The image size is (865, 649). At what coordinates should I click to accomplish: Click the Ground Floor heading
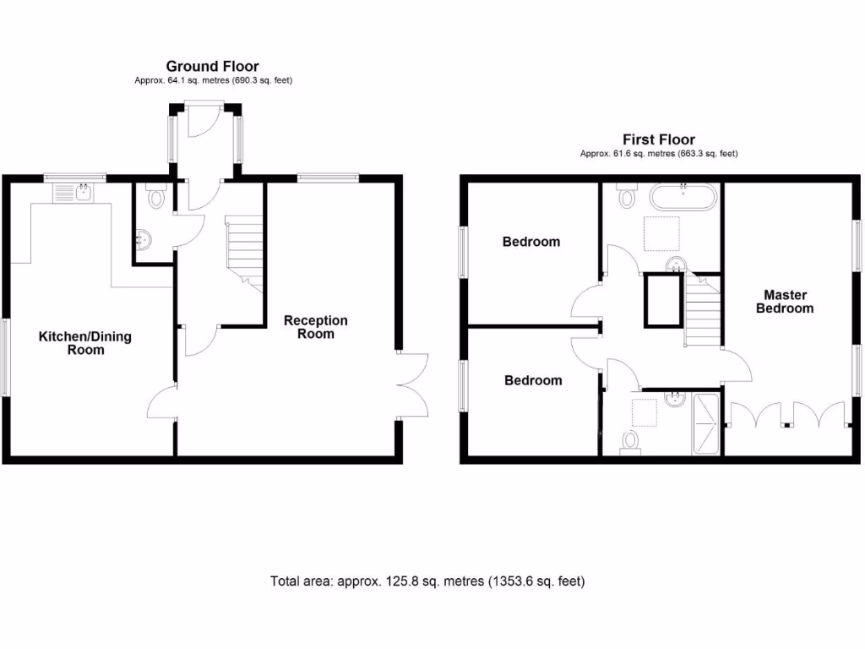pyautogui.click(x=212, y=66)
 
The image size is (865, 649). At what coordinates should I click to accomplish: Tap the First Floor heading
pyautogui.click(x=659, y=139)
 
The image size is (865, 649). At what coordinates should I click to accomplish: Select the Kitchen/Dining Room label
pyautogui.click(x=85, y=343)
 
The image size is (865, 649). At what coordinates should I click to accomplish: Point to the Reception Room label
pyautogui.click(x=315, y=327)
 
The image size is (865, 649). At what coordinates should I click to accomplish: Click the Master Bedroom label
pyautogui.click(x=785, y=302)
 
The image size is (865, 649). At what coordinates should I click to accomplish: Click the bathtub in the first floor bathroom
pyautogui.click(x=683, y=199)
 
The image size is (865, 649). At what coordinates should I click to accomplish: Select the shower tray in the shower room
pyautogui.click(x=706, y=425)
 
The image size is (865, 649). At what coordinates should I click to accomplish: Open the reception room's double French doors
pyautogui.click(x=412, y=384)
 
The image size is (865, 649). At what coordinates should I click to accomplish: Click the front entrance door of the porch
pyautogui.click(x=204, y=121)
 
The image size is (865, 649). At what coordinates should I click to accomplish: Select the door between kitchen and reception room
pyautogui.click(x=162, y=401)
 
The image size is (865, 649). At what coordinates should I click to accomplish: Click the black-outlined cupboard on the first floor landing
pyautogui.click(x=662, y=300)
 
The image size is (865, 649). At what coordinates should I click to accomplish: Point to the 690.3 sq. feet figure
pyautogui.click(x=257, y=80)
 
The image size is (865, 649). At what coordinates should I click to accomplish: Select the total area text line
pyautogui.click(x=427, y=581)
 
